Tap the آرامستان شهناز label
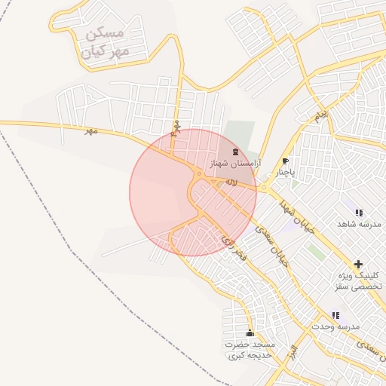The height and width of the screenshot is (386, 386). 232,164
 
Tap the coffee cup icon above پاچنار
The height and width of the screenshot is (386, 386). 285,161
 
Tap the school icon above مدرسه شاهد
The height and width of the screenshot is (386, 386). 358,213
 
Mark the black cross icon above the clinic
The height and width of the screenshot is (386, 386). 358,264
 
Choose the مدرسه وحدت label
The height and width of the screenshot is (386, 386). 335,326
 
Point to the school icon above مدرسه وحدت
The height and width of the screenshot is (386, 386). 335,315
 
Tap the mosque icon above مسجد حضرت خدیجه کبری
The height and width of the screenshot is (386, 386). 250,333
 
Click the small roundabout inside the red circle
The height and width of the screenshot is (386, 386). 198,176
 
